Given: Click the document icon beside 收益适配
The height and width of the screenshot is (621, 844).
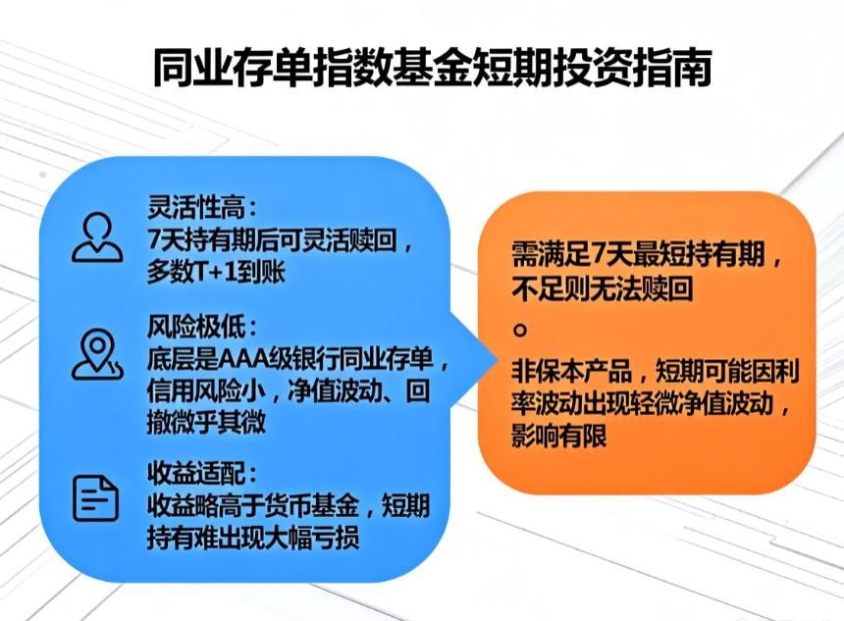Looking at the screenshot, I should coord(96,496).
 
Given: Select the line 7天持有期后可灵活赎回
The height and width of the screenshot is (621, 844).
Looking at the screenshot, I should coord(273,240).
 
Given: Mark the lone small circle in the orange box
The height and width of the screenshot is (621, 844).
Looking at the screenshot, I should coord(520,327).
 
